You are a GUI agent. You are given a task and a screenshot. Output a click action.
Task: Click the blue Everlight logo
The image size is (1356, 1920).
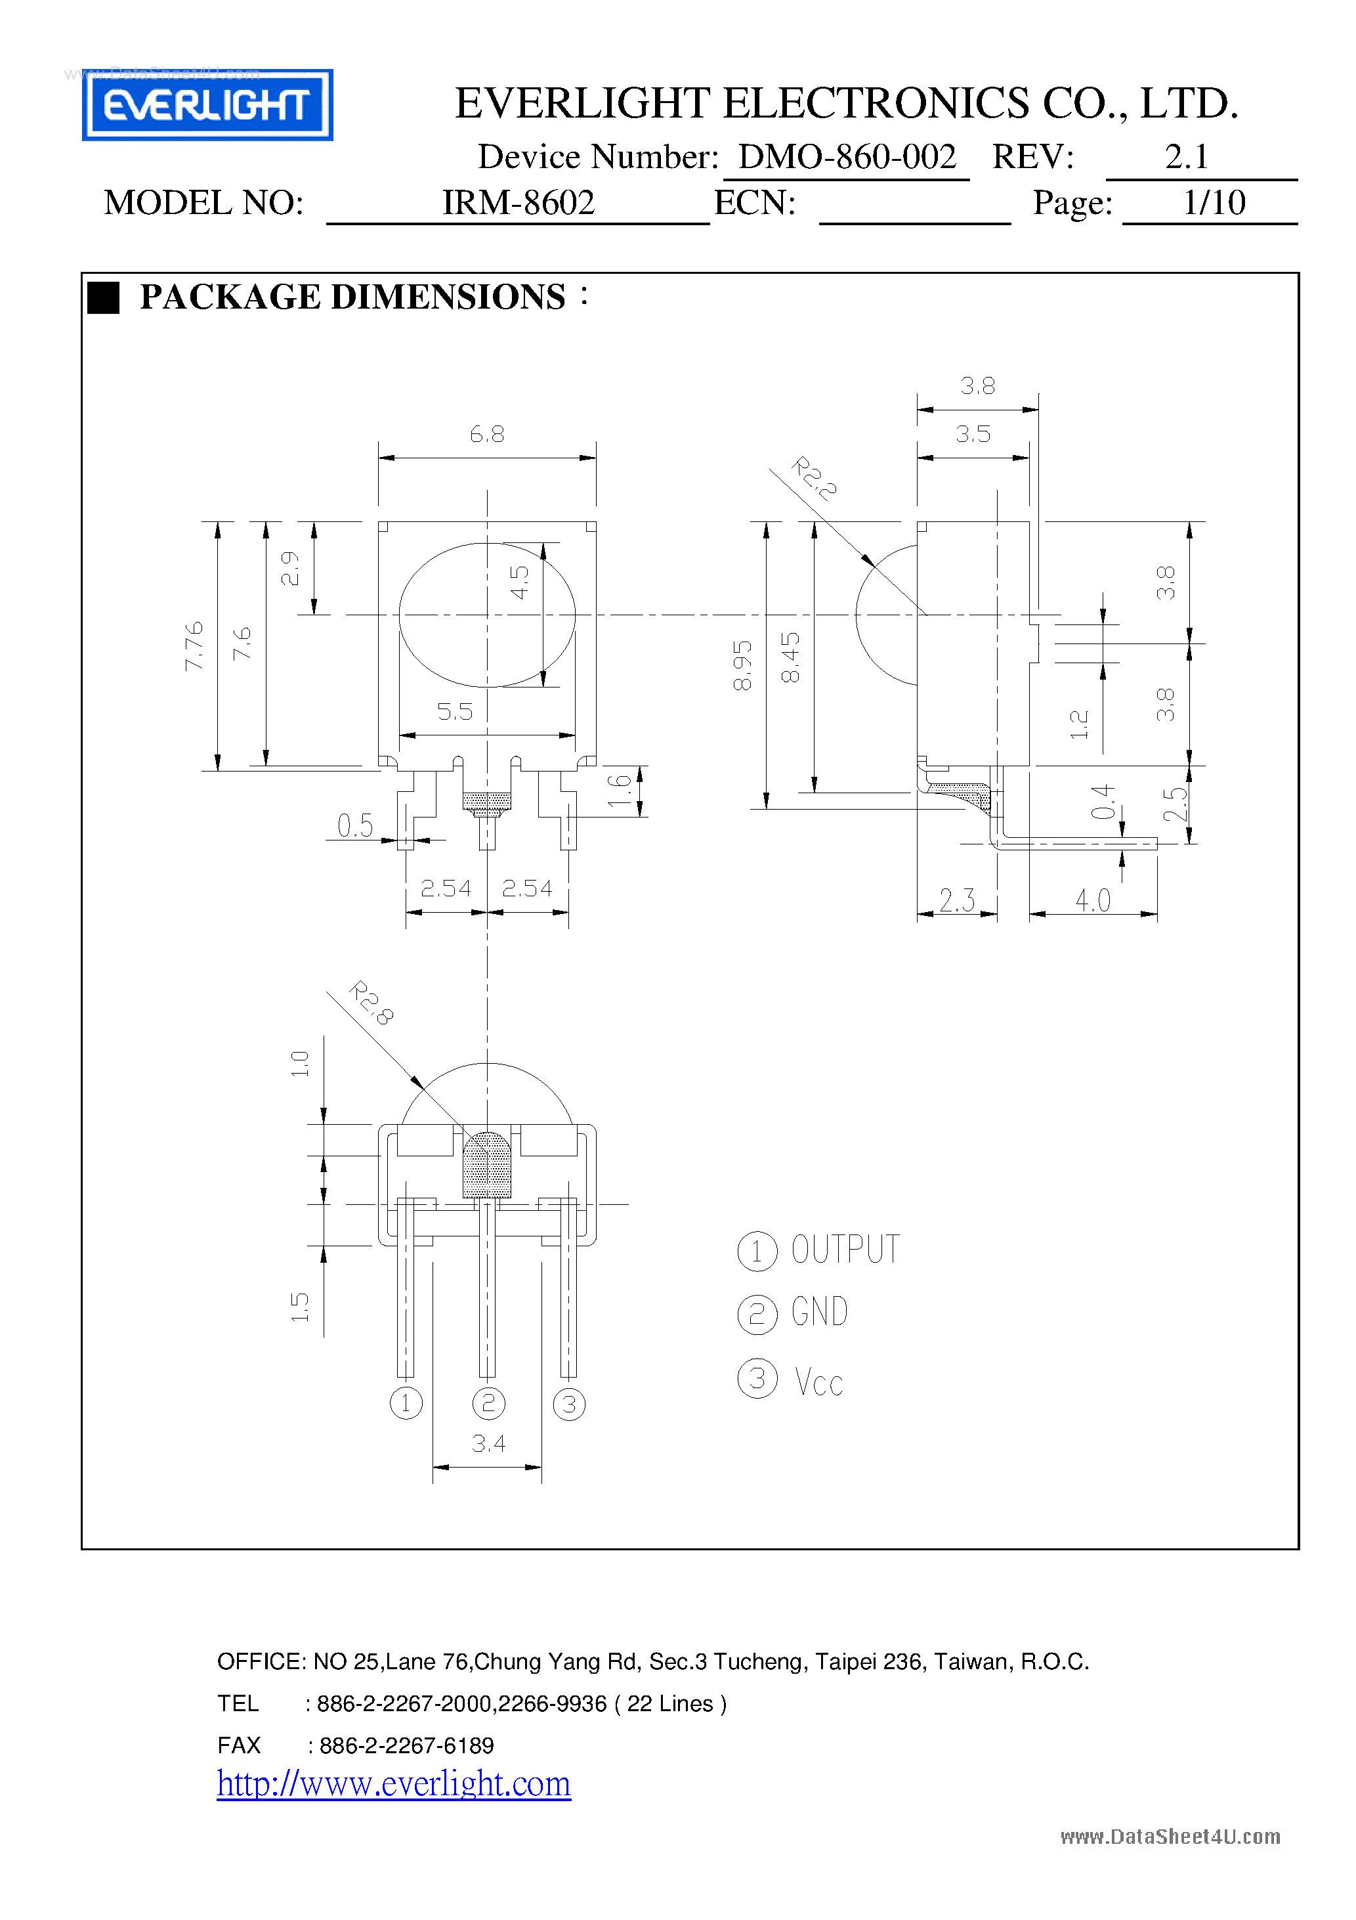point(207,104)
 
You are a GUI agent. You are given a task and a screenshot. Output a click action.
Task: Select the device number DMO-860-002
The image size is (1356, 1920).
point(846,157)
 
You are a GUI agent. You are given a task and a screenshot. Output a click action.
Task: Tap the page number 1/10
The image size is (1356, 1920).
point(1213,202)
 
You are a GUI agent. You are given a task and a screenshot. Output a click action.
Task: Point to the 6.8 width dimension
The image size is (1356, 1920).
point(486,434)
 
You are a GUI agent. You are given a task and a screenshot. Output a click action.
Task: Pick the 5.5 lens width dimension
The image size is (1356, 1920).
point(455,712)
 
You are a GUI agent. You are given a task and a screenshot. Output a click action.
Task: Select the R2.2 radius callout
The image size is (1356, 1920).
point(813,478)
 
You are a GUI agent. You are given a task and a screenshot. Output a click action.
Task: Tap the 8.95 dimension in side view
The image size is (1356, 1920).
point(742,666)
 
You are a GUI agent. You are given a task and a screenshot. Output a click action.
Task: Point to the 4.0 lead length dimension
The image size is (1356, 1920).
point(1093,901)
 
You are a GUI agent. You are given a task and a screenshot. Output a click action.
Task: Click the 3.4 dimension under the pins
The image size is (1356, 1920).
point(488,1443)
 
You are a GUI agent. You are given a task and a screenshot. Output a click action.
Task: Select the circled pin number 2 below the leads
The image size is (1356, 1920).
point(488,1403)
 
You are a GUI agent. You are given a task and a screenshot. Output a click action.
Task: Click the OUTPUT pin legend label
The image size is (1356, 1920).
point(845,1250)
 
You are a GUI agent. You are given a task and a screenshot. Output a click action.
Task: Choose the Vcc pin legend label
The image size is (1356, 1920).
point(818,1382)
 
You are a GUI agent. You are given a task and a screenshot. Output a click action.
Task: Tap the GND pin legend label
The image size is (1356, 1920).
point(819,1312)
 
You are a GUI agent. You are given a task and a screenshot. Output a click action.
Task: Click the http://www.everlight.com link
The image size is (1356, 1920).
point(394,1783)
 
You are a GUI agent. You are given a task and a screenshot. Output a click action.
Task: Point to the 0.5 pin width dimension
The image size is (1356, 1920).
point(355,825)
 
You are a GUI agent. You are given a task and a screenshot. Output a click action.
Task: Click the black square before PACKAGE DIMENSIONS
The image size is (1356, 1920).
point(104,297)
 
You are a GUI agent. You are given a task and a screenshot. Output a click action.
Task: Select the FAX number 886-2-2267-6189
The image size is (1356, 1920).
point(406,1745)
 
